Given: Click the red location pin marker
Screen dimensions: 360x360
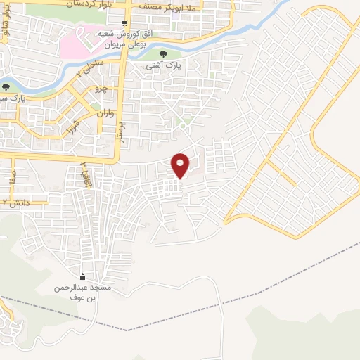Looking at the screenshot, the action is point(181,165).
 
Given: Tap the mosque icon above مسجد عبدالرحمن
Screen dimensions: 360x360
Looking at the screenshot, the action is point(82,276).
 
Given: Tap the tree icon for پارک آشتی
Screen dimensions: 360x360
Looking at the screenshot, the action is point(163,53).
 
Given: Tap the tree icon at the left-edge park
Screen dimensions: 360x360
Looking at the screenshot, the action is point(6,87).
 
